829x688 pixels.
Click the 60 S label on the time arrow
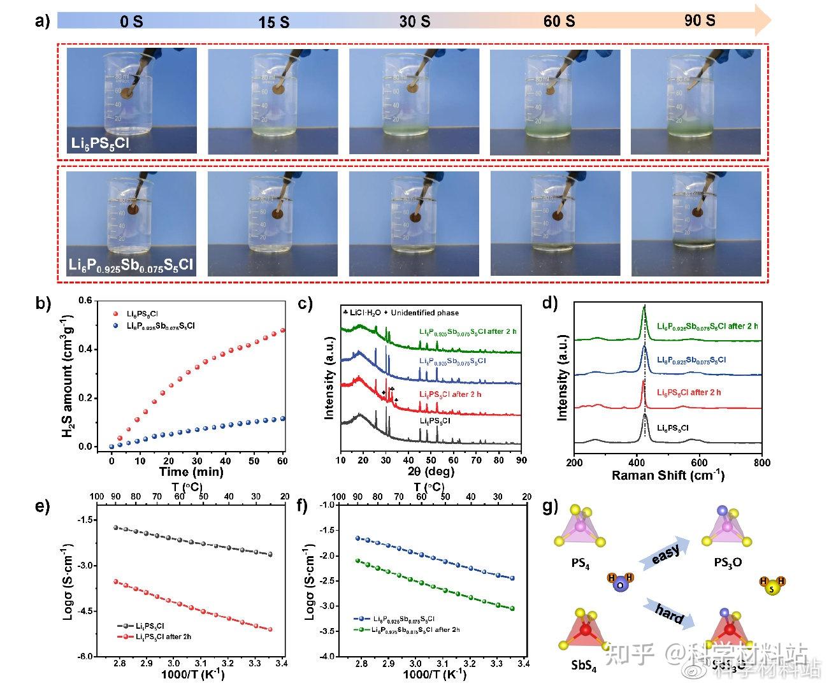(559, 21)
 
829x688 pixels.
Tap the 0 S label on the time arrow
(131, 22)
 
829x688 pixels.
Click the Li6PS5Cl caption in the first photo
(99, 143)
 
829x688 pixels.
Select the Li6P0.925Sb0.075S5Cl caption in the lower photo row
(131, 265)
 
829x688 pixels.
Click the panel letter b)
(43, 303)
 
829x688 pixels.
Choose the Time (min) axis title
(191, 471)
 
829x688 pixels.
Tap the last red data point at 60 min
(282, 331)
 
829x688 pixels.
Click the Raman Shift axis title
(667, 475)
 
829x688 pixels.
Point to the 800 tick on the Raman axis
(761, 462)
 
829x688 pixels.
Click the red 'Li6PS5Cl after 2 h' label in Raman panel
(689, 392)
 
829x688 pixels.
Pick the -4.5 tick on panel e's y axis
(83, 611)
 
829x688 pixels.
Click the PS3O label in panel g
(728, 563)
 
